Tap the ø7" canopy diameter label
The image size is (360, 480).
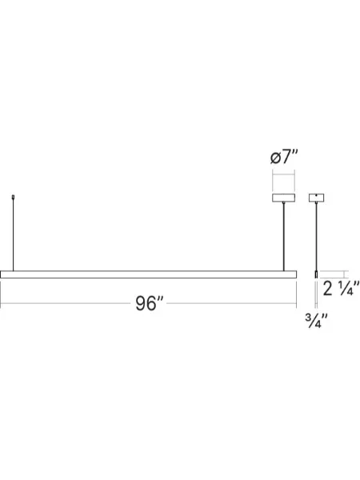click(x=284, y=158)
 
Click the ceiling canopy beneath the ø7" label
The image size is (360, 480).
click(x=284, y=197)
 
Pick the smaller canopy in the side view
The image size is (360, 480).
click(x=318, y=197)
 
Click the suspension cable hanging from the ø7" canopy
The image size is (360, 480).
click(x=284, y=235)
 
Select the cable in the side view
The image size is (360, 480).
click(x=318, y=235)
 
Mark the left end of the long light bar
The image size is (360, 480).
click(x=4, y=274)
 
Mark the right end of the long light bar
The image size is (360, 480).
click(x=296, y=274)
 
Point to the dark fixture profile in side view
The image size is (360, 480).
click(x=318, y=274)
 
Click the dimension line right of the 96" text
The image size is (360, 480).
click(x=232, y=303)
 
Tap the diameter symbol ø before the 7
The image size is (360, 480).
click(x=276, y=158)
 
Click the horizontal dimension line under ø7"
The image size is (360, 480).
click(x=284, y=174)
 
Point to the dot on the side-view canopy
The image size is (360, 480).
click(x=318, y=195)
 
